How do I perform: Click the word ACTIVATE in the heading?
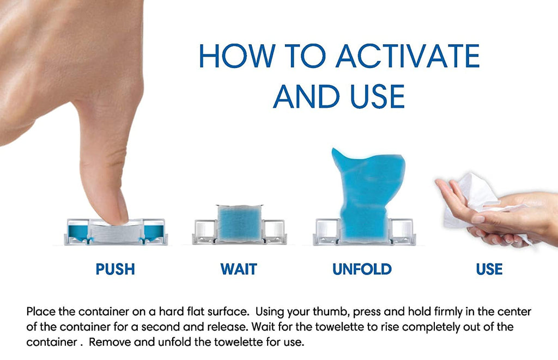(x=408, y=56)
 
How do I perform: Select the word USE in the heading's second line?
(x=378, y=96)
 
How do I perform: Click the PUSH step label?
(x=116, y=269)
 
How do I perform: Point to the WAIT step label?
(x=239, y=269)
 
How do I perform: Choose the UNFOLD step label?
(x=362, y=269)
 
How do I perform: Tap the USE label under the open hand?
(x=489, y=269)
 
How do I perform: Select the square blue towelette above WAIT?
(x=239, y=223)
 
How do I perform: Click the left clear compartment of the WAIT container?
(x=205, y=229)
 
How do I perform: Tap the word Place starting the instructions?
(x=40, y=312)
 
